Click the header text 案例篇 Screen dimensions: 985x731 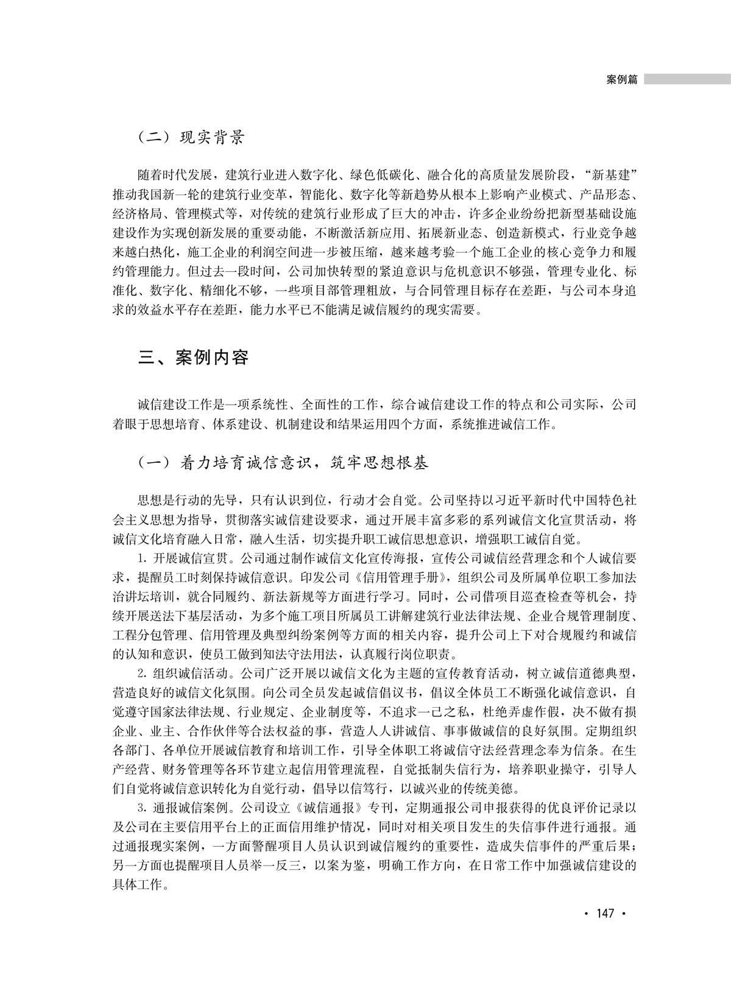pyautogui.click(x=622, y=80)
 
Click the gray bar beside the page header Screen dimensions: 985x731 pyautogui.click(x=687, y=79)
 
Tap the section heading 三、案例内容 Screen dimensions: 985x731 pyautogui.click(x=193, y=357)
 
